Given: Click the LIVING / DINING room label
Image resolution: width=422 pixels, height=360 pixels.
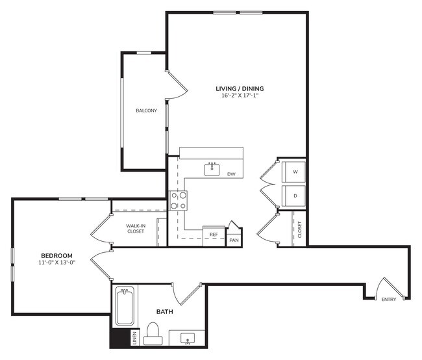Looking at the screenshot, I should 240,88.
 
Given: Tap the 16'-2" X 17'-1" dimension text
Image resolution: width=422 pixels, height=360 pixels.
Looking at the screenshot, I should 240,96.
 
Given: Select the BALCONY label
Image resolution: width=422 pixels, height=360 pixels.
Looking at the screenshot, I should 146,110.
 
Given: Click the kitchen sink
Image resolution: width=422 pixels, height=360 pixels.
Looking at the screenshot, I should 212,170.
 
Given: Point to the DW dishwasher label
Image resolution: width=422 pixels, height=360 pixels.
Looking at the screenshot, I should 231,174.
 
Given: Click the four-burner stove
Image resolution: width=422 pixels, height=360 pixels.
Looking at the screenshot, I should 179,201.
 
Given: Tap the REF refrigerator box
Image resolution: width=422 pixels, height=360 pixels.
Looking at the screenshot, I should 213,235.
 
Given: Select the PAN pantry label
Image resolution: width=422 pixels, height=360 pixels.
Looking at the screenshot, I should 234,240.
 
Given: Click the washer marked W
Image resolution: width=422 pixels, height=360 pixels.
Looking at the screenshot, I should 295,172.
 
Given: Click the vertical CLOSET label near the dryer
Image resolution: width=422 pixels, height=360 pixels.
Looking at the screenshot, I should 299,230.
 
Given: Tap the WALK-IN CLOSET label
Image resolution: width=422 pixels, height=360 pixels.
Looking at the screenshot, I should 135,228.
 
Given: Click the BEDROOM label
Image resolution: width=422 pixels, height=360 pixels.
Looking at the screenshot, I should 56,255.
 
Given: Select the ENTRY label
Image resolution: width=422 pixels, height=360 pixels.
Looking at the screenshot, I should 389,300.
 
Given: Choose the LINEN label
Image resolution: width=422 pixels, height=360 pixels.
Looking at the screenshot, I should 134,338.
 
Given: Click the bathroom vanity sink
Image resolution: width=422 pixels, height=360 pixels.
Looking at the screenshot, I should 188,339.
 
